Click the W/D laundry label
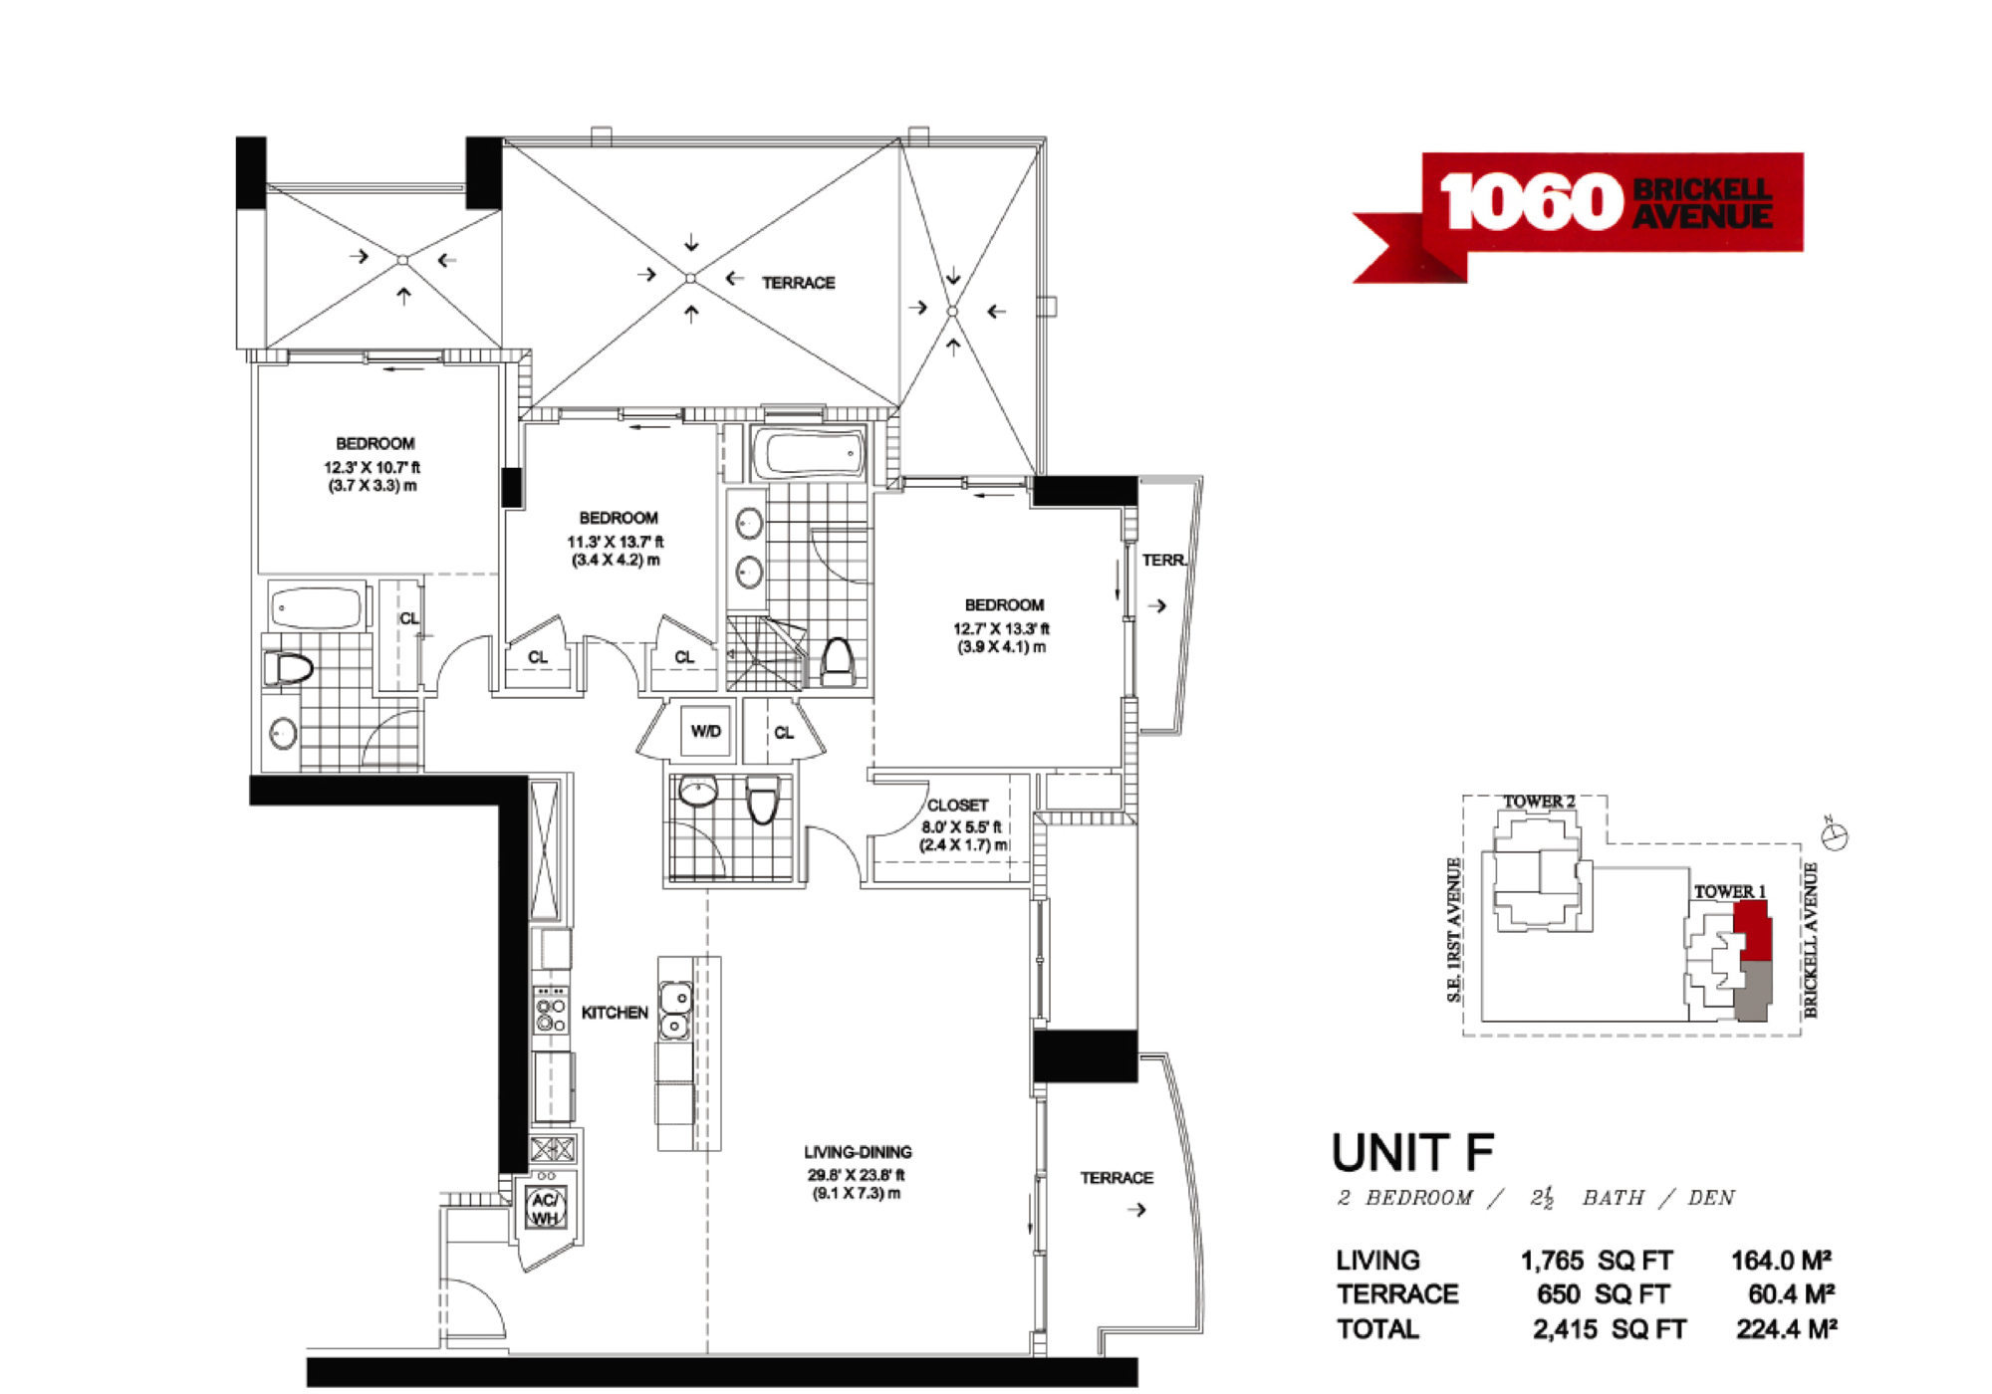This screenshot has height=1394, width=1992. click(705, 732)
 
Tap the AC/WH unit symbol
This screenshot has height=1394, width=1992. click(545, 1209)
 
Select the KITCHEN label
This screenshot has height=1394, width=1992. click(615, 1013)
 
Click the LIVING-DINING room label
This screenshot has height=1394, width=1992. click(858, 1152)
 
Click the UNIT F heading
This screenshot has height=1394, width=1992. click(1412, 1153)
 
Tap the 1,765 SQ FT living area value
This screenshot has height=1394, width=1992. click(1596, 1261)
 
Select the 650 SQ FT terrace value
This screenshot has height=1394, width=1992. click(1604, 1294)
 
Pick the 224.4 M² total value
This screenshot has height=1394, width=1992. click(1787, 1329)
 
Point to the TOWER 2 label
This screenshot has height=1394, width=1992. click(1539, 802)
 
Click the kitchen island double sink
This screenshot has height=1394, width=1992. click(675, 1010)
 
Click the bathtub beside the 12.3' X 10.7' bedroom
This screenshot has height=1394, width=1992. click(317, 606)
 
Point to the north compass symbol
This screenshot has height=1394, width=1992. click(1836, 834)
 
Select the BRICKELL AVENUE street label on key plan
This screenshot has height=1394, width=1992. click(1811, 940)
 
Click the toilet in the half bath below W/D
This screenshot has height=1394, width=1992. click(762, 800)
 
